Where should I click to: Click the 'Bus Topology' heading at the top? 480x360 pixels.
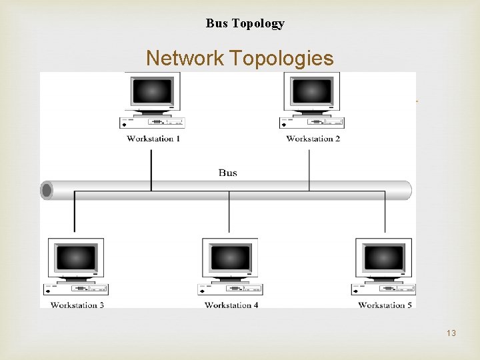pos(245,23)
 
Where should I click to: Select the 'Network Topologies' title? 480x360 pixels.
pos(239,58)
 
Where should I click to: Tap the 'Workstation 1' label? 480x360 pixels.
pos(153,139)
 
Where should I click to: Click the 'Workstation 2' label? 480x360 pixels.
pos(313,139)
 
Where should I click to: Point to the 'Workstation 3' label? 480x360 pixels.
pos(77,305)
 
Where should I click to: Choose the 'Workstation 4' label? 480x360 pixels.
pos(231,305)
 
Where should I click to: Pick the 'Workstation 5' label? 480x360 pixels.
pos(385,305)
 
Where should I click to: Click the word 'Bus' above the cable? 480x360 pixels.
pos(227,173)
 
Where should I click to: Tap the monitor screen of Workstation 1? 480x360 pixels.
pos(153,91)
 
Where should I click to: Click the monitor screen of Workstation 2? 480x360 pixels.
pos(312,91)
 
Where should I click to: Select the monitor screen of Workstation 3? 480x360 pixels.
pos(76,257)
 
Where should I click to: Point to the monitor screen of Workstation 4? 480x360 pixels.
pos(230,257)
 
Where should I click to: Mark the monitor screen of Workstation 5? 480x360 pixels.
pos(384,257)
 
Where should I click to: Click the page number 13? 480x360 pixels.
pos(451,333)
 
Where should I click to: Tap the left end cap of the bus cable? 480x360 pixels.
pos(47,191)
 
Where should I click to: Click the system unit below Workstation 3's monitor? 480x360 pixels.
pos(76,289)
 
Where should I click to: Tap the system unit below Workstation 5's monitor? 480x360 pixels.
pos(384,289)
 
